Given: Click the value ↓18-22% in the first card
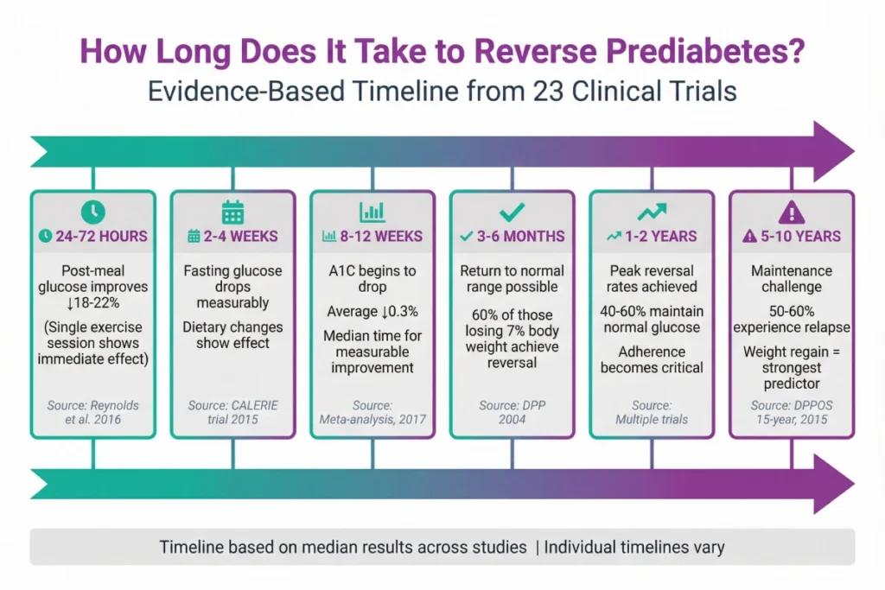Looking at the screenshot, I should click(92, 303).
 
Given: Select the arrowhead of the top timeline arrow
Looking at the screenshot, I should click(832, 151).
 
